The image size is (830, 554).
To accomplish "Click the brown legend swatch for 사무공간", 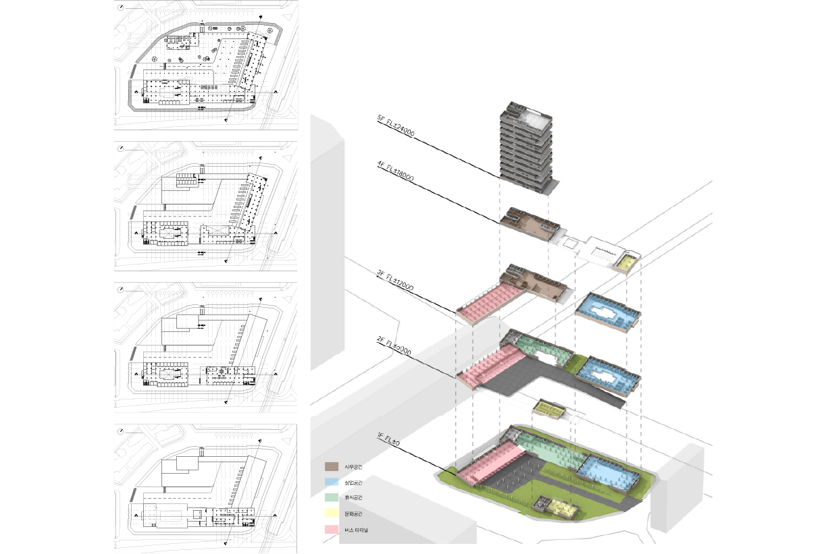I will (332, 466).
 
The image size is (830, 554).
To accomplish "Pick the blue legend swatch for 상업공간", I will (332, 482).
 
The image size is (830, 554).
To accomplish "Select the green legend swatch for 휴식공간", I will (332, 497).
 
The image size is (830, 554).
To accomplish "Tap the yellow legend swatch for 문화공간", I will (332, 514).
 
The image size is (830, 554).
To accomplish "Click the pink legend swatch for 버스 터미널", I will (332, 529).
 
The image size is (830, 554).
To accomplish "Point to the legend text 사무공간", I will (353, 467).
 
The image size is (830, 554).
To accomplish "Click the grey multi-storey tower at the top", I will (527, 148).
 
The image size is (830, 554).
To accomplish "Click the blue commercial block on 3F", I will (607, 311).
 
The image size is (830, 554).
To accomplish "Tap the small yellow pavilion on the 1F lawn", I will (560, 506).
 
